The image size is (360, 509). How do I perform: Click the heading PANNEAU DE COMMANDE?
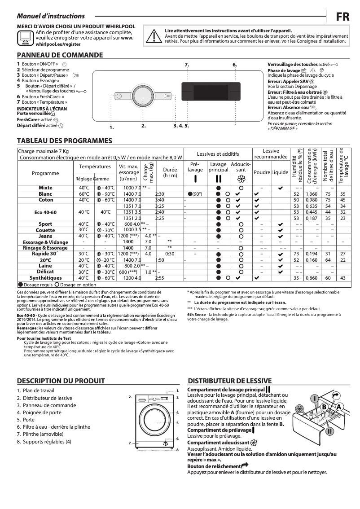coord(60,55)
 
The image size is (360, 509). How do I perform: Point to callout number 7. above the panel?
coord(187,65)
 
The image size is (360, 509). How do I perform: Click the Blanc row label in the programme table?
coord(45,193)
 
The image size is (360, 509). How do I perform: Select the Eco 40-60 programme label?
coord(45,212)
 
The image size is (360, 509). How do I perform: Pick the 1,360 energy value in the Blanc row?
coord(312,193)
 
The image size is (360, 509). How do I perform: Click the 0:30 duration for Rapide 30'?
coord(170,254)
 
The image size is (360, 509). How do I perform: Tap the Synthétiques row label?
coord(45,278)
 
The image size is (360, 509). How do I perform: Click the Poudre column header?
coord(262,172)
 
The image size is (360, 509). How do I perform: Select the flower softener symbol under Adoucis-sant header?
coord(241,178)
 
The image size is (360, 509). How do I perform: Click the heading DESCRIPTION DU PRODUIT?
coord(61,381)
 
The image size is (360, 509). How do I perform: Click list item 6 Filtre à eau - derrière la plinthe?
coord(53,427)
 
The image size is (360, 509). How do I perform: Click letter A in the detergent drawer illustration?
coord(339,406)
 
